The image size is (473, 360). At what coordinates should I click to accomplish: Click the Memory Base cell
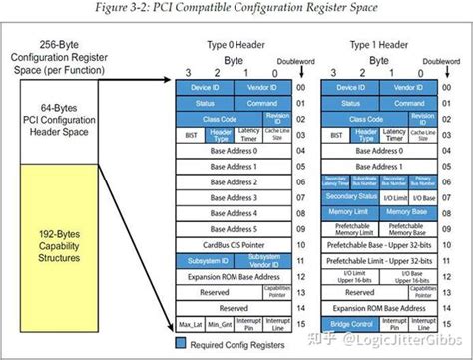click(408, 212)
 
